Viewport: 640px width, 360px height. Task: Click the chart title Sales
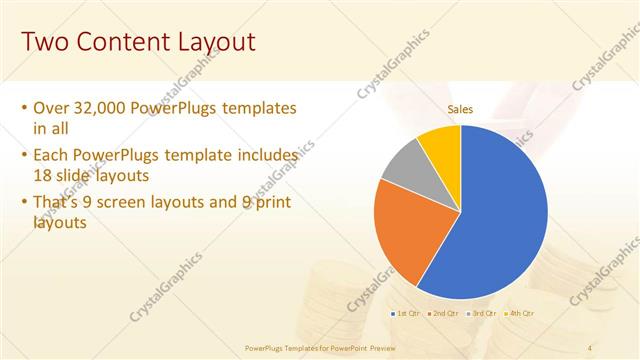460,109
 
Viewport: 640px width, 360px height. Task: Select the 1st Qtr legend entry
405,314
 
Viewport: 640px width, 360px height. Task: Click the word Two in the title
46,42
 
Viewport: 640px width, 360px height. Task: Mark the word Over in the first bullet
51,108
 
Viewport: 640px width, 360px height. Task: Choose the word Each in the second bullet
52,156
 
